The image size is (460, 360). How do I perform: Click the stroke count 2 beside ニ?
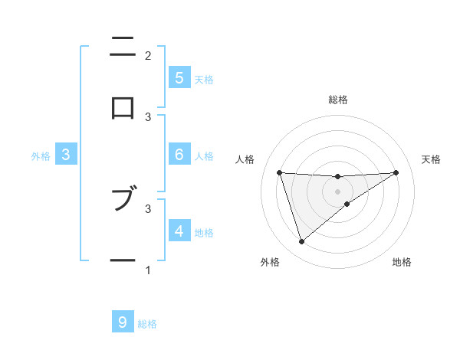(x=148, y=55)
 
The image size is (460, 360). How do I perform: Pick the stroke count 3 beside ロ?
(x=148, y=116)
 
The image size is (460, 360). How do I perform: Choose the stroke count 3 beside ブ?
(x=148, y=208)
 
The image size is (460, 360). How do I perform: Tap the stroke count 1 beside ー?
(x=148, y=270)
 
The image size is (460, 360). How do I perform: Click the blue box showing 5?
(x=179, y=78)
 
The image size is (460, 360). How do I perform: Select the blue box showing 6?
(x=179, y=155)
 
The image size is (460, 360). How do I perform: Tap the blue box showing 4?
(x=179, y=231)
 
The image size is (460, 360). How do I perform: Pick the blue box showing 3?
(x=66, y=155)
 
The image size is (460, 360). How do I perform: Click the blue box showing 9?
(x=123, y=322)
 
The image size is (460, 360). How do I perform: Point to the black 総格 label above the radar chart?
(x=338, y=100)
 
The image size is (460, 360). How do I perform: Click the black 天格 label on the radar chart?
(x=431, y=159)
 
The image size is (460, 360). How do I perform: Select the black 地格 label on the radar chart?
(x=402, y=262)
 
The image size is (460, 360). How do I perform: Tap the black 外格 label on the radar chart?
(x=270, y=262)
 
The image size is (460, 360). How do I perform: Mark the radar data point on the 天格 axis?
(x=396, y=172)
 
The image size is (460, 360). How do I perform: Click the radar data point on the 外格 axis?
(x=301, y=242)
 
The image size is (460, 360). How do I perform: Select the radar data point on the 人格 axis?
(x=280, y=172)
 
